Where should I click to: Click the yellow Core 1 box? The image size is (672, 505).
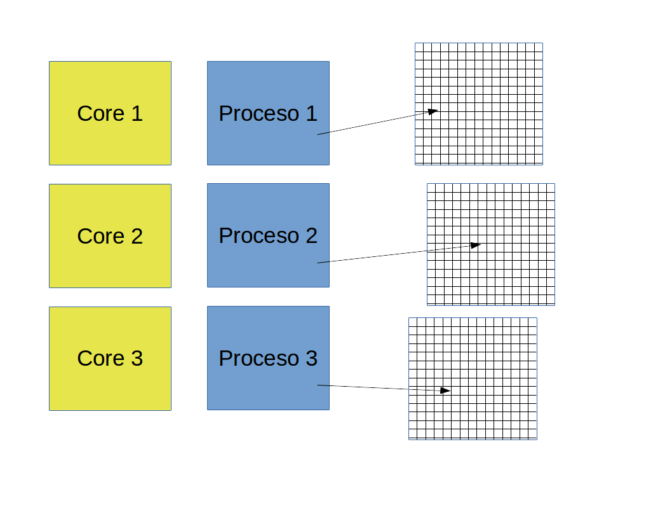110,113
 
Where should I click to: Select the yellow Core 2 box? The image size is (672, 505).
110,236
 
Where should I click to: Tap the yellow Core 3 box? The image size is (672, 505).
110,359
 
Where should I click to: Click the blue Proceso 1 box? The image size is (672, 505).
268,113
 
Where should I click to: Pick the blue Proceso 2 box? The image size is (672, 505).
268,235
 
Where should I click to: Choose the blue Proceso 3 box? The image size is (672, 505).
268,358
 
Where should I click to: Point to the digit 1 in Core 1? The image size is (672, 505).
137,114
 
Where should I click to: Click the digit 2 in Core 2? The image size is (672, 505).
137,237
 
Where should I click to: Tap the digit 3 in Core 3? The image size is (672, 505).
137,359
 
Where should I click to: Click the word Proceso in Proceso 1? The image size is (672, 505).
259,114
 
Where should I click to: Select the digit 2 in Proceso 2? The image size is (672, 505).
312,235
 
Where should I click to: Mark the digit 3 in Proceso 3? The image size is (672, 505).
312,358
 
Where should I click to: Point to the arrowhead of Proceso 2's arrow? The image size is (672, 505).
476,245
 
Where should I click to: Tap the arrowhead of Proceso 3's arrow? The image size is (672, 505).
446,391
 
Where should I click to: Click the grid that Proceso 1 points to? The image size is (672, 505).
479,104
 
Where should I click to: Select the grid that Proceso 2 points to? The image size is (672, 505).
491,245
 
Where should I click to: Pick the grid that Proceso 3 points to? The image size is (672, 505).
473,378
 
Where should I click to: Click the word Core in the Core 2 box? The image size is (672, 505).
101,237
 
